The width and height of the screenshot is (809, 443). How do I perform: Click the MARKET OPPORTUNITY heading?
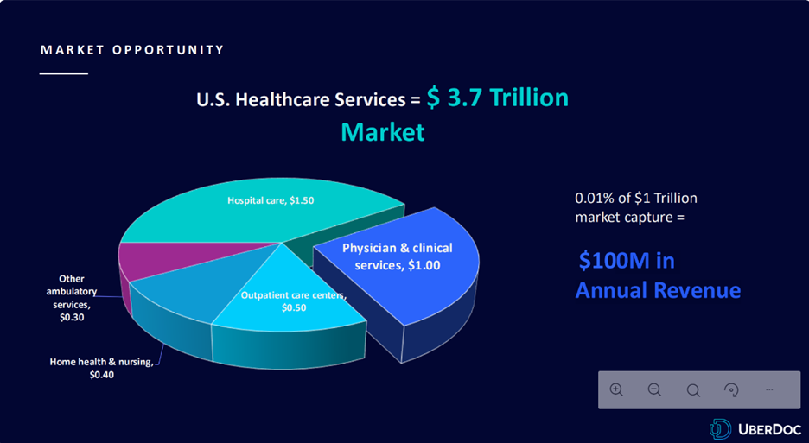coord(132,50)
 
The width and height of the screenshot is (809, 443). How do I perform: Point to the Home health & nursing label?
coord(102,368)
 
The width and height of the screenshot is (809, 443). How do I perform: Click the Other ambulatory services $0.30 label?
coord(72,298)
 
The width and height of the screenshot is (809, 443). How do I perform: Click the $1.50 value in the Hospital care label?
coord(302,200)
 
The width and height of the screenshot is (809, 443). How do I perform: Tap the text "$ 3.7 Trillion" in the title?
coord(497,98)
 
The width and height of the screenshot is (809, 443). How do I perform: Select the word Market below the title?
coord(383,132)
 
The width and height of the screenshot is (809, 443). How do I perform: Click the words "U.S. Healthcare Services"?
coord(302,99)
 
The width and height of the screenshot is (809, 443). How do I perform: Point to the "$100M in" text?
coord(627,261)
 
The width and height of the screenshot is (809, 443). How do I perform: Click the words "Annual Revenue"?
coord(658,290)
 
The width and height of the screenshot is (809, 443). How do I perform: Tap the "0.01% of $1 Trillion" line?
coord(636,198)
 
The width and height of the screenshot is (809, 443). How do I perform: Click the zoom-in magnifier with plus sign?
coord(616,389)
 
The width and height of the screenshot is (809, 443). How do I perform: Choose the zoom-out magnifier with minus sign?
coord(655,389)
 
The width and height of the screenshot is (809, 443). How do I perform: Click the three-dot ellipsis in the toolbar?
coord(769,389)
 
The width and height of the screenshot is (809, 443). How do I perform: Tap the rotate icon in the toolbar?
coord(731,389)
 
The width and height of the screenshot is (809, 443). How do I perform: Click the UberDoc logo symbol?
coord(720,429)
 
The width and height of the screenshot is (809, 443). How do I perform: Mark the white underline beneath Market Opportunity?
coord(64,73)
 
